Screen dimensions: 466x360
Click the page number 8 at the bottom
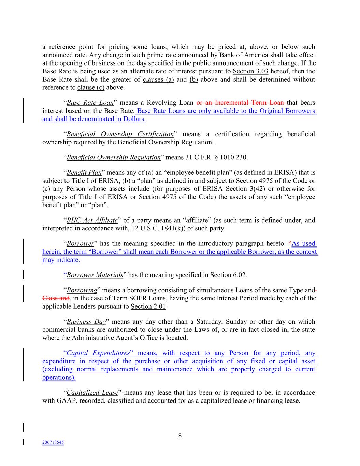[x=180, y=436]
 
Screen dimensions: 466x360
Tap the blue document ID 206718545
[x=53, y=442]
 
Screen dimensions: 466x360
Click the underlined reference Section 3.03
[x=250, y=71]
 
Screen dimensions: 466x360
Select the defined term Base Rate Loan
[x=90, y=103]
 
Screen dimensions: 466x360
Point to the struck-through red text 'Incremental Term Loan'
[x=249, y=103]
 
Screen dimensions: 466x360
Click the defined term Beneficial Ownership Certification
[x=120, y=134]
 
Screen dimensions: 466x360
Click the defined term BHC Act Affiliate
[x=92, y=220]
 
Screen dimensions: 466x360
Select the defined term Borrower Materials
[x=95, y=275]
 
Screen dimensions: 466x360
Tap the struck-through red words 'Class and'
[x=56, y=298]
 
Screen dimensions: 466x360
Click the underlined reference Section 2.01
[x=148, y=306]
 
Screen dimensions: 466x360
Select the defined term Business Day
[x=86, y=322]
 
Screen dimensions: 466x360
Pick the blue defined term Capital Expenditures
[x=98, y=353]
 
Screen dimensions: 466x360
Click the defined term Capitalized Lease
[x=92, y=393]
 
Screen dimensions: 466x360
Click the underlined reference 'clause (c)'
[x=91, y=88]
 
